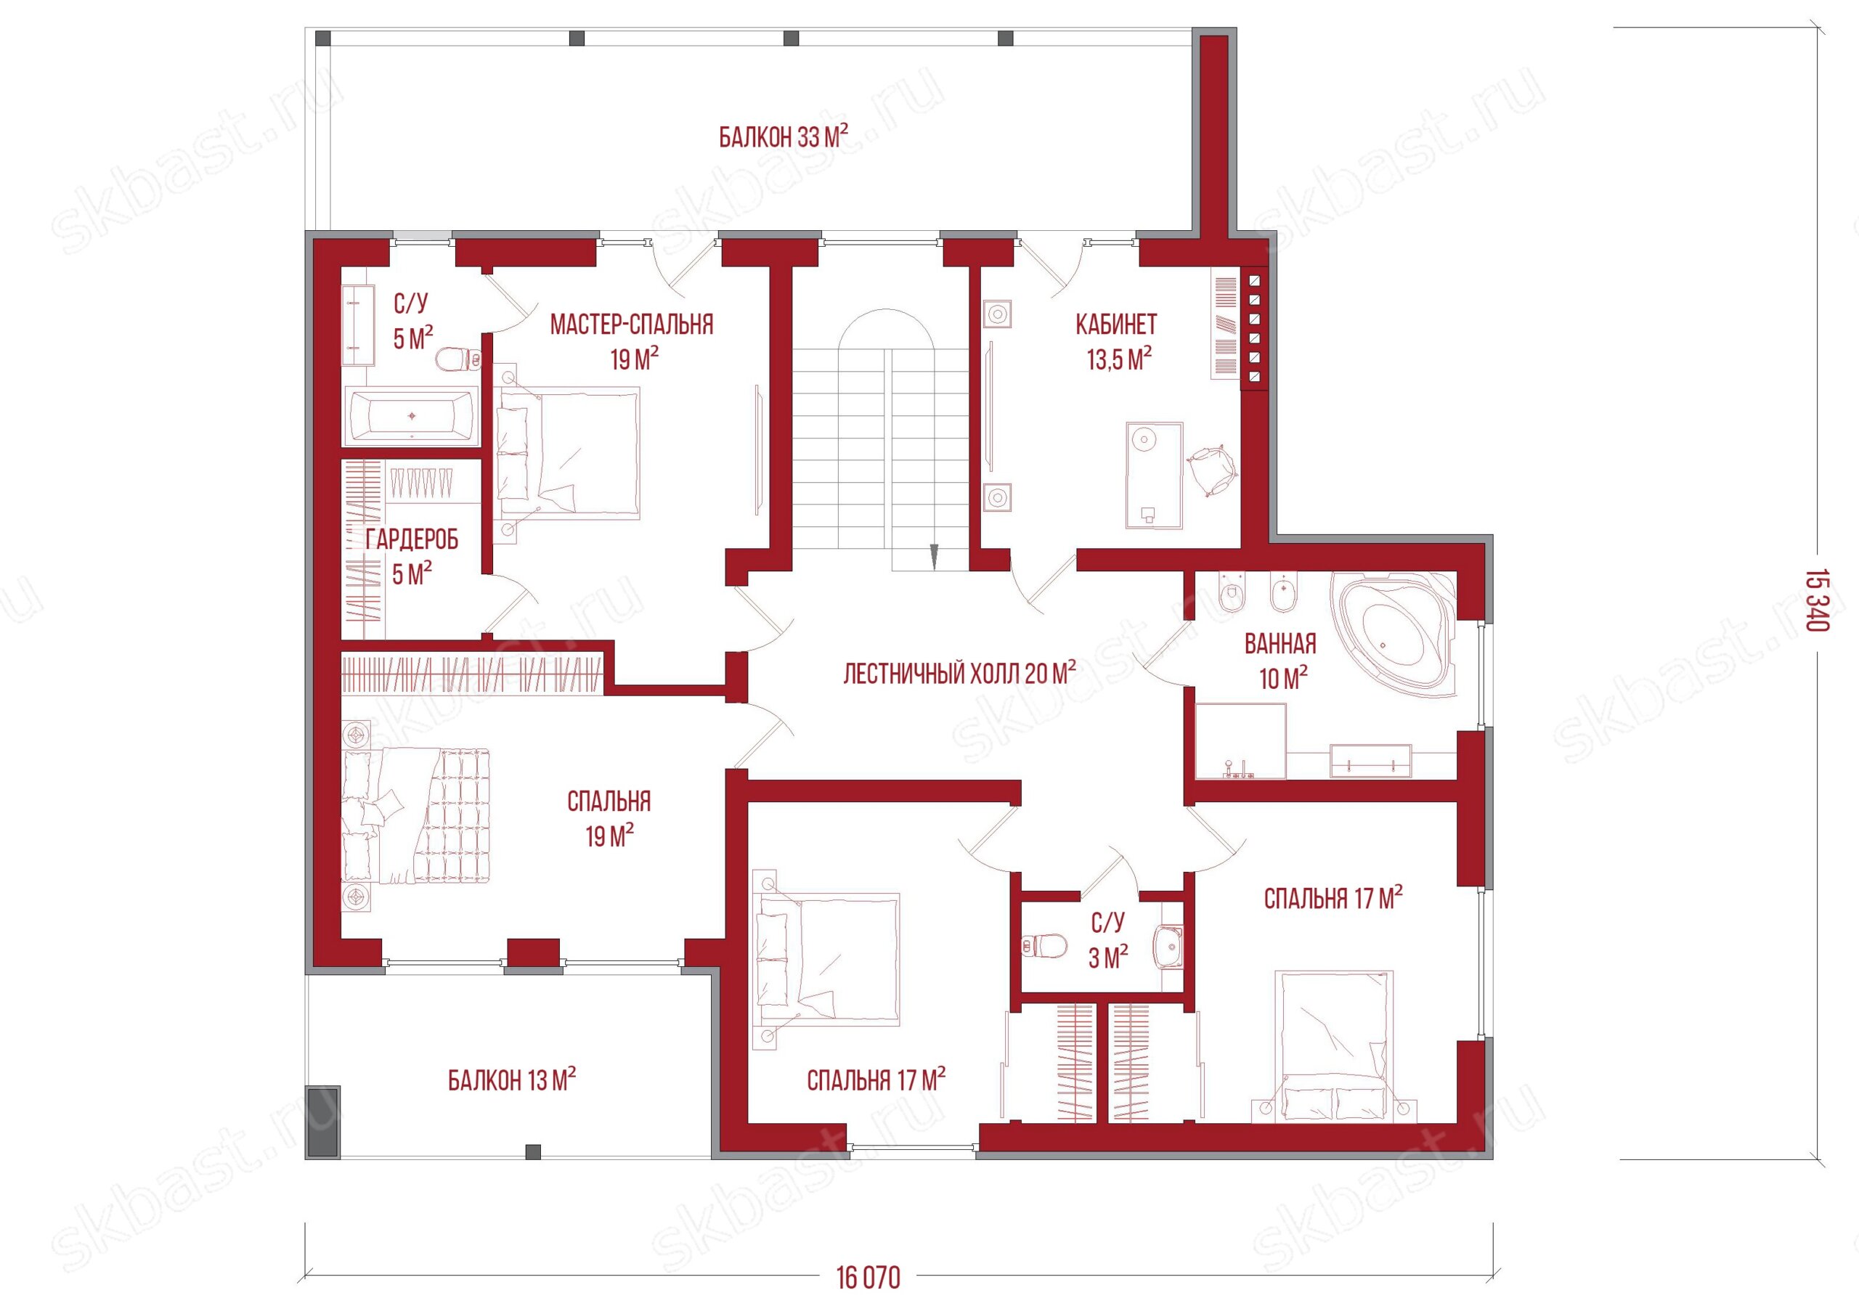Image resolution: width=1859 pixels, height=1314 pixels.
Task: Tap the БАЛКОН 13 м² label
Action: pos(512,1080)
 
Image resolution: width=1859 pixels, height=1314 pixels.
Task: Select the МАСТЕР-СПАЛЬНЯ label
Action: pos(632,325)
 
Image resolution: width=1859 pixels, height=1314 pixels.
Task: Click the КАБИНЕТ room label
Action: pos(1117,325)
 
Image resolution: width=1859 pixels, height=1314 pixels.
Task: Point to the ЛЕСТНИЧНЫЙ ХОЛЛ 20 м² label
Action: pos(959,673)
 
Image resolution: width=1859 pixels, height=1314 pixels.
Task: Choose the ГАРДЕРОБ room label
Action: pos(412,539)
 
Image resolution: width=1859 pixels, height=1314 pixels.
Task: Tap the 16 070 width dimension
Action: pos(868,1278)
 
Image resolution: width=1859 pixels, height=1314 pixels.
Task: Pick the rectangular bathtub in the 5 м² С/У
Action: pos(411,415)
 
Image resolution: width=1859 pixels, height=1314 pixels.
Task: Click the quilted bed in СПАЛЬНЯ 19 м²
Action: pos(417,816)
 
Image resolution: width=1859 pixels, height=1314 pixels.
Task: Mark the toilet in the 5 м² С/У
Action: pos(459,359)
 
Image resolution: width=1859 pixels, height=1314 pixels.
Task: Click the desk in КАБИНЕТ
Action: pos(1154,476)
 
